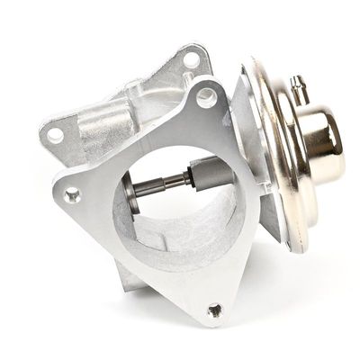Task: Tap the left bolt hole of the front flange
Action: click(72, 193)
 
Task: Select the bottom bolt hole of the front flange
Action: click(213, 310)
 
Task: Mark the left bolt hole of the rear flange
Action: click(55, 135)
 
